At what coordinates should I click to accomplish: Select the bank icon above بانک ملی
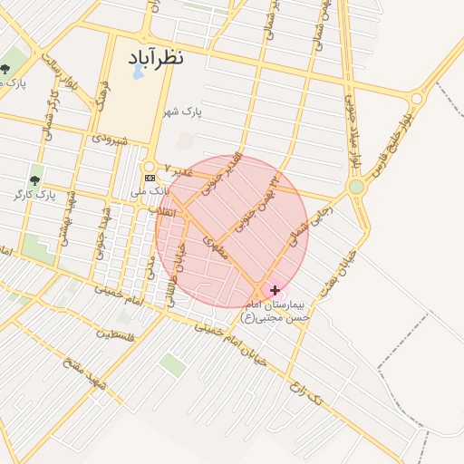click(150, 179)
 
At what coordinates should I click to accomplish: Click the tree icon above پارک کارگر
click(35, 180)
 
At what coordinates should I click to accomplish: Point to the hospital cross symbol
click(275, 291)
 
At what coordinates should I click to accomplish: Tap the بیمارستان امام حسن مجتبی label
click(275, 311)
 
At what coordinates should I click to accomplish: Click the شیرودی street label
click(110, 140)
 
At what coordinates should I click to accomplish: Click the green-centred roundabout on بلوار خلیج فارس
click(356, 187)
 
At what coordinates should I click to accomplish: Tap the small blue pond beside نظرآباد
click(138, 72)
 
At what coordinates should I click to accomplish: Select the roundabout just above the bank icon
click(150, 167)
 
